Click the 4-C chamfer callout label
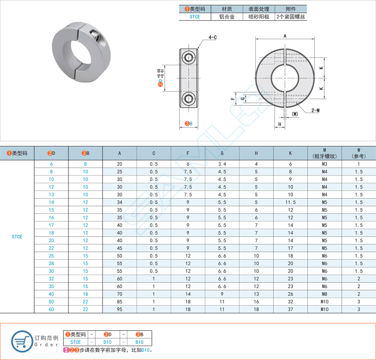coord(212,38)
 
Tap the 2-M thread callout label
coord(315,110)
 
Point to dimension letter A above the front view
coord(285,36)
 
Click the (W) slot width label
coord(295,114)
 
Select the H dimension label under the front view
coord(280,124)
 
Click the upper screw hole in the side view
coord(188,57)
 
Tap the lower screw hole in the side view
coord(188,99)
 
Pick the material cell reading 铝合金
coord(227,17)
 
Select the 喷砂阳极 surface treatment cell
coord(259,17)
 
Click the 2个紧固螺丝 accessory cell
coord(290,17)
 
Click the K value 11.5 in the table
coord(290,202)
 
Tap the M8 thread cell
coord(324,294)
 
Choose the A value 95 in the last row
coord(119,310)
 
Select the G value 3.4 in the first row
coord(222,164)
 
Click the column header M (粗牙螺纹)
coord(324,153)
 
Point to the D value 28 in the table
coord(51,263)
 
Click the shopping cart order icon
coord(22,341)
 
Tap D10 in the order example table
coord(107,342)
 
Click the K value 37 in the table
coord(290,310)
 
